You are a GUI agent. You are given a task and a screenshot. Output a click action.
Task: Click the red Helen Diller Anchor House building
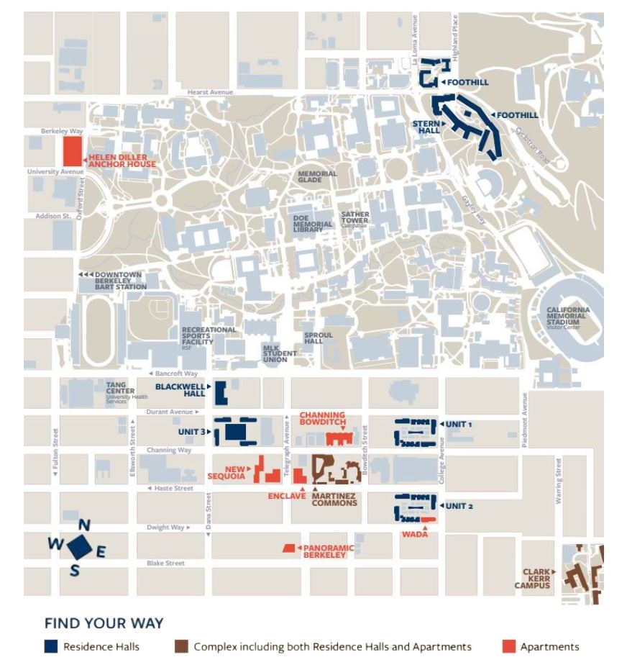pos(72,151)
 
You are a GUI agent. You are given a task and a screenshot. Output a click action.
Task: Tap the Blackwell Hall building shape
pos(221,391)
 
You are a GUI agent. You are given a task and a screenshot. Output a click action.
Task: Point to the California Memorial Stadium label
pos(567,316)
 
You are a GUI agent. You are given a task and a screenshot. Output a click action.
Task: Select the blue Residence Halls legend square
pos(50,647)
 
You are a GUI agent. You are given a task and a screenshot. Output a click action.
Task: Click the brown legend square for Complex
pos(180,647)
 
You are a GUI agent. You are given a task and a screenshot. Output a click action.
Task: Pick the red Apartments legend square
pos(508,647)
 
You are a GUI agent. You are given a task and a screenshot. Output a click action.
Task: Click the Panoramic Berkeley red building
pos(289,548)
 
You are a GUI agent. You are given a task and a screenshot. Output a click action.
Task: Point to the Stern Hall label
pos(426,127)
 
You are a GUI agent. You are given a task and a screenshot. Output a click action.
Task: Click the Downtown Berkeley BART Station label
pos(121,281)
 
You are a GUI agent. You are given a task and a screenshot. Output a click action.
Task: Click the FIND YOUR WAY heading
pos(104,623)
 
